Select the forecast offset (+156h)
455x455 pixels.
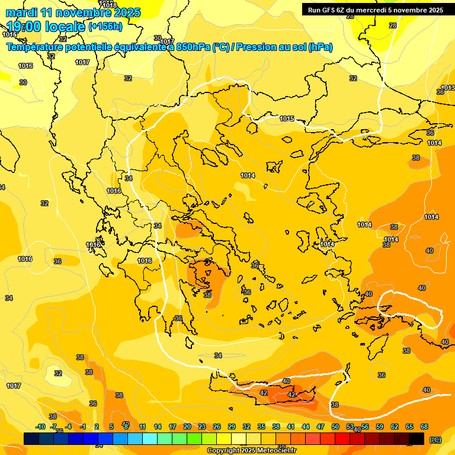point(105,27)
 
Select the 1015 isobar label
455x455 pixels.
point(287,119)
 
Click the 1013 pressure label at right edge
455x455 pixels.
point(448,88)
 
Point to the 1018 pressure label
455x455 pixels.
point(110,5)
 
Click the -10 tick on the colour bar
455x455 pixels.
point(40,427)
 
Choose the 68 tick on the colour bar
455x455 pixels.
point(424,427)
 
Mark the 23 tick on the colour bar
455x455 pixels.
point(201,427)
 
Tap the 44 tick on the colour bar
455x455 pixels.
point(305,427)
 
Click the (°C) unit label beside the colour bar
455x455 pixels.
point(435,440)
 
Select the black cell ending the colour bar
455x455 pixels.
point(417,438)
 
